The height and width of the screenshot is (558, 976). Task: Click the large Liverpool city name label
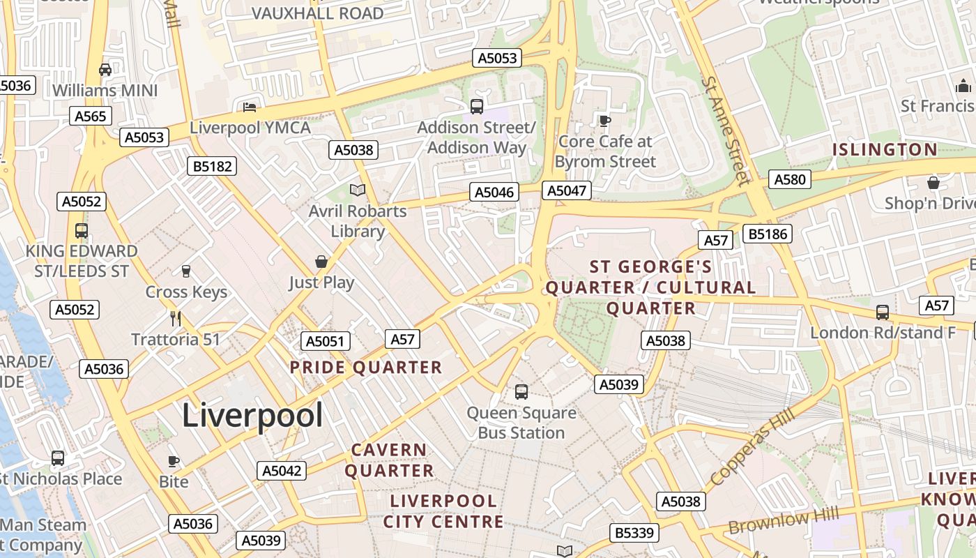coord(252,416)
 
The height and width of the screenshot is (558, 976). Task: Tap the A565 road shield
coord(90,116)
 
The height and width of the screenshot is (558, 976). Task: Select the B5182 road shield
coord(212,166)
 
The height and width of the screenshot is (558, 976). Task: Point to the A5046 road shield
coord(494,193)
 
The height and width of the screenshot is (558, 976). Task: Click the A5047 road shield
coord(568,190)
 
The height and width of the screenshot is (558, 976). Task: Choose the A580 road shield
coord(790,179)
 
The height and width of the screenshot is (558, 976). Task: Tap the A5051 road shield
coord(326,341)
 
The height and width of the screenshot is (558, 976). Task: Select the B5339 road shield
coord(634,533)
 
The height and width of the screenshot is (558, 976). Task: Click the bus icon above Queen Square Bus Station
coord(521,392)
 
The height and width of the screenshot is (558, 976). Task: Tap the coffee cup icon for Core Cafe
coord(604,121)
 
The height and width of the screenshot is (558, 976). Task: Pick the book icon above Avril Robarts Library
coord(358,190)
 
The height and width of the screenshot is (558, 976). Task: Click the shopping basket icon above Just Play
coord(321,262)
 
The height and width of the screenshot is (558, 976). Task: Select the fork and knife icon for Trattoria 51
coord(176,319)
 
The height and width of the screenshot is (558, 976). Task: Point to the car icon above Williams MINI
coord(105,70)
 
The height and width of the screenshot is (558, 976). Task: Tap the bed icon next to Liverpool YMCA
coord(250,107)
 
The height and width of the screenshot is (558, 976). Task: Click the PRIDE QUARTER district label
coord(366,368)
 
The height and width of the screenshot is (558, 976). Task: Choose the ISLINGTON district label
coord(885,149)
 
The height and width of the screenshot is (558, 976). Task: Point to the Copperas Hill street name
coord(752,448)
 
